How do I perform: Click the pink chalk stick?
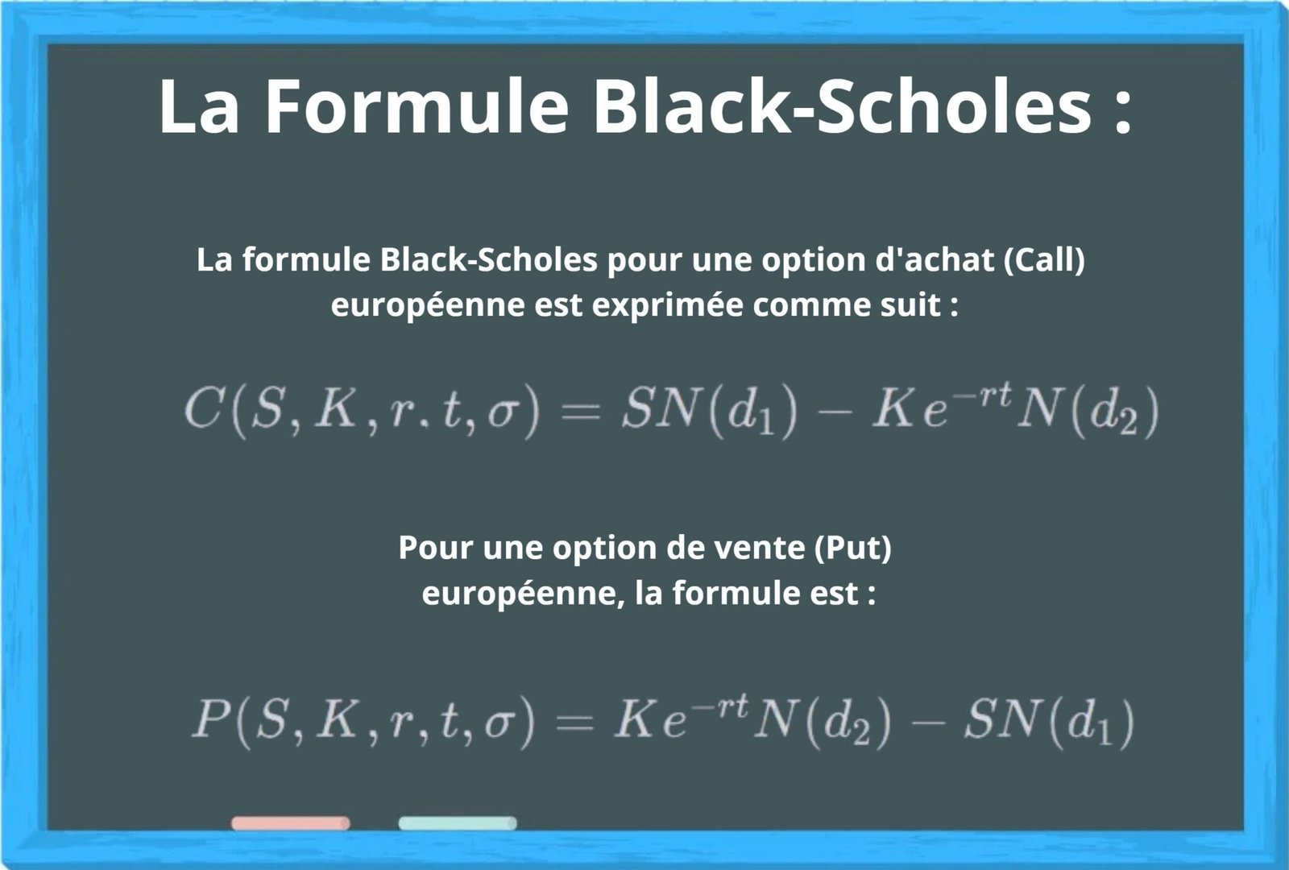[x=290, y=823]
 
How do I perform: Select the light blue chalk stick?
[x=457, y=823]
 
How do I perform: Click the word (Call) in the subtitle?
[x=1045, y=260]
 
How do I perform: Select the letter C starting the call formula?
[x=199, y=411]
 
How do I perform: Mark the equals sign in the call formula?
[x=580, y=412]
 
